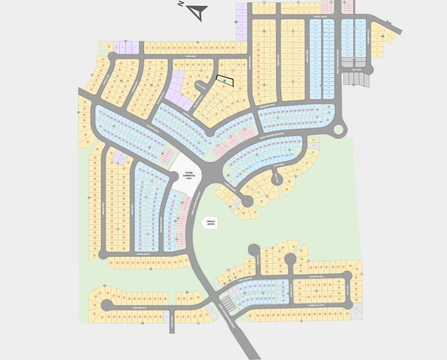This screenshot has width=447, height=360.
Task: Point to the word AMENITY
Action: click(x=211, y=220)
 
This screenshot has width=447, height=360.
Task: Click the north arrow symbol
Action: click(x=200, y=10)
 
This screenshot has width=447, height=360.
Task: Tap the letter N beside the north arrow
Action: click(x=181, y=4)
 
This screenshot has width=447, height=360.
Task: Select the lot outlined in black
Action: click(x=224, y=80)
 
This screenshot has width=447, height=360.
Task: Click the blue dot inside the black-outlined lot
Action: click(x=225, y=80)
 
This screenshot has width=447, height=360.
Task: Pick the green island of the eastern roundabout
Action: click(x=338, y=130)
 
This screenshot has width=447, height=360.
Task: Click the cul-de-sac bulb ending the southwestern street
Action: click(x=106, y=305)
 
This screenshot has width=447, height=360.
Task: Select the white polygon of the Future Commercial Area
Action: click(x=188, y=174)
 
